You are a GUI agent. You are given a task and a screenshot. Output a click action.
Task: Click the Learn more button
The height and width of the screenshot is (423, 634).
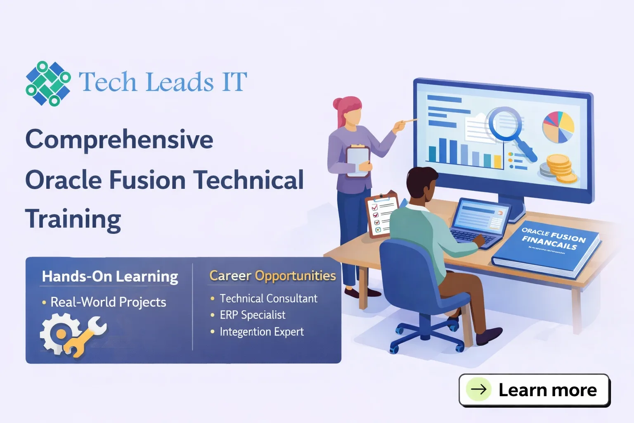click(x=534, y=390)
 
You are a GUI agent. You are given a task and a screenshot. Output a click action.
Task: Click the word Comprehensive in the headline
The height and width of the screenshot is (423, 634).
click(x=119, y=140)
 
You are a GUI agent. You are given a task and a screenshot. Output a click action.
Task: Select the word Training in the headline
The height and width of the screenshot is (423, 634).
click(x=73, y=219)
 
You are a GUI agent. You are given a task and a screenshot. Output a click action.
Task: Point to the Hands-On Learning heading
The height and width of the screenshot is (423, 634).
click(x=110, y=276)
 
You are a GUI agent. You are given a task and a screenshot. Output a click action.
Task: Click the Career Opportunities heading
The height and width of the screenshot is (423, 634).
click(x=272, y=276)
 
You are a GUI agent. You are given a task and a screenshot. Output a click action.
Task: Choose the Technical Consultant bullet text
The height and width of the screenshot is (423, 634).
click(x=268, y=298)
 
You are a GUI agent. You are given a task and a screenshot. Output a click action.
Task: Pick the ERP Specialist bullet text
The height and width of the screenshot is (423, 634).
click(x=252, y=315)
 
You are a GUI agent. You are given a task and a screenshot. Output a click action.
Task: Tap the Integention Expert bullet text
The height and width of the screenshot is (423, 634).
click(x=262, y=332)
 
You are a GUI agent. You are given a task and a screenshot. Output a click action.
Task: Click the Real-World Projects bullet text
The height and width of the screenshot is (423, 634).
click(x=108, y=302)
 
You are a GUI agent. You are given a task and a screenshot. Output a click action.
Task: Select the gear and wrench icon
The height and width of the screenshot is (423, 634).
click(x=72, y=334)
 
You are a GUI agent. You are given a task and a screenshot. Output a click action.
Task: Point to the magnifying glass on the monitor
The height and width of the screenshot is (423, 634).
click(x=508, y=128)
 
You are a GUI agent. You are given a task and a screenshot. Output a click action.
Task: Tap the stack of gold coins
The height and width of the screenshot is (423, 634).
click(x=559, y=169)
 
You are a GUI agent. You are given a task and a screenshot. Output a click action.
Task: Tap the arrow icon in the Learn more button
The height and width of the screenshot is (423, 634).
click(x=479, y=389)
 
